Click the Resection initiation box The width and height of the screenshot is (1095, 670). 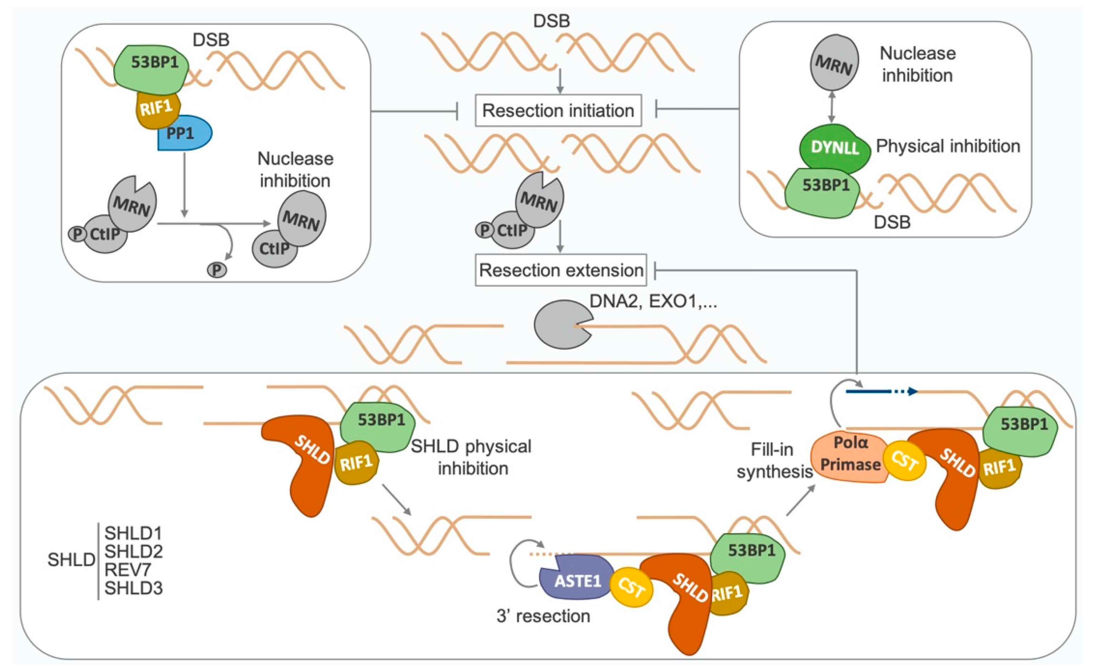[558, 111]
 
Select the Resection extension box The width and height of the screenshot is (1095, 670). [561, 270]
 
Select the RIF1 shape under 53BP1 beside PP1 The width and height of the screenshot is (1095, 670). [157, 109]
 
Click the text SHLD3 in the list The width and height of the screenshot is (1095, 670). [133, 588]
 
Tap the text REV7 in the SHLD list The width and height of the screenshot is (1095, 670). [128, 570]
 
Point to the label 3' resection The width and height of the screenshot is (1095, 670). [543, 616]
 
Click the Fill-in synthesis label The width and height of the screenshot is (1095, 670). [774, 461]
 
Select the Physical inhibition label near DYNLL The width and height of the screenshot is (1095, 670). [948, 146]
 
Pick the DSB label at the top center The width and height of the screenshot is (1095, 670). [551, 21]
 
